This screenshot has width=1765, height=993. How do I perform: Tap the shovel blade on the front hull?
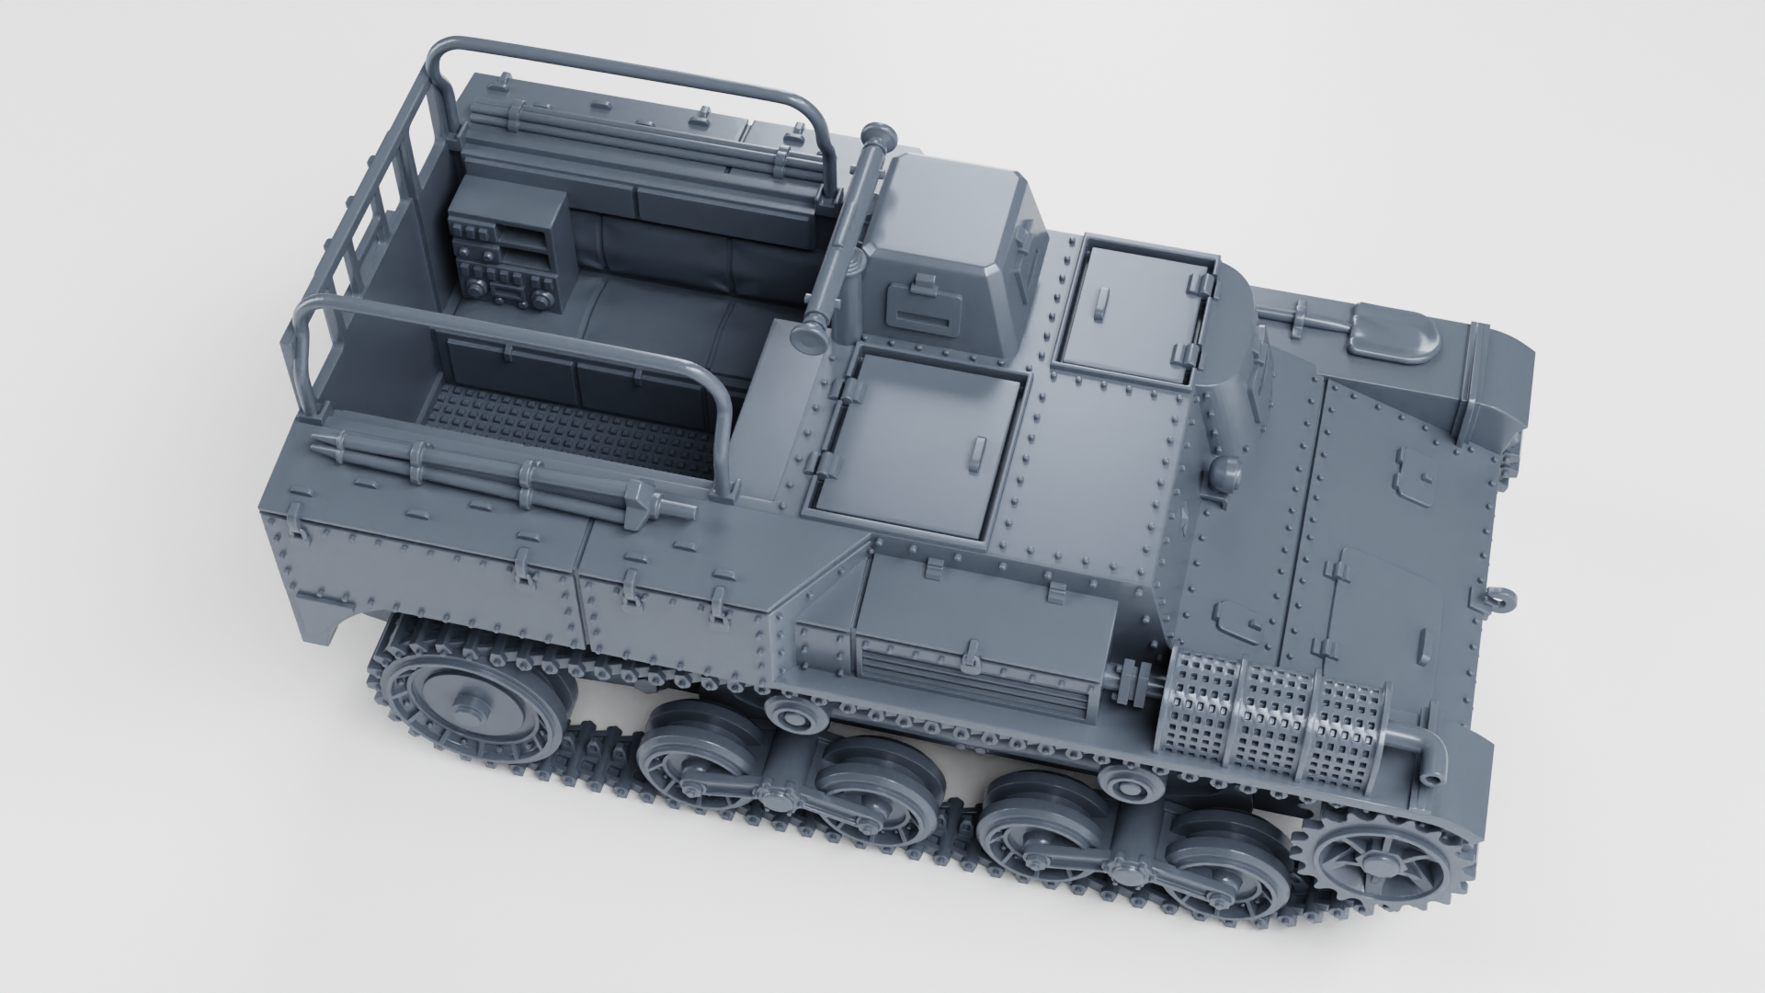tap(1394, 333)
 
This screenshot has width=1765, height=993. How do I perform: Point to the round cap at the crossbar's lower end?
tap(813, 335)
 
